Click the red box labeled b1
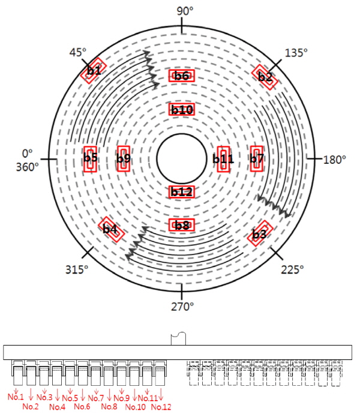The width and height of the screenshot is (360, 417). click(94, 70)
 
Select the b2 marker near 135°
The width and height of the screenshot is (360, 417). click(265, 77)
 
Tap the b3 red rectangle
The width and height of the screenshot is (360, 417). click(260, 233)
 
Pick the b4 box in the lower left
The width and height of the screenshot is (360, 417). click(111, 229)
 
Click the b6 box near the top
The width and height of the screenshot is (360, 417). click(182, 76)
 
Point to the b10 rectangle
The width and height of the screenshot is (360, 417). click(182, 109)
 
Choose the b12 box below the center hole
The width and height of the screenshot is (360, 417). click(182, 192)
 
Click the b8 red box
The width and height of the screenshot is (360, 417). click(182, 225)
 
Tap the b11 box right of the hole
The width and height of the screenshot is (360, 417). click(223, 159)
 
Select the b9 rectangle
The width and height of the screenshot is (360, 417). click(124, 159)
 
